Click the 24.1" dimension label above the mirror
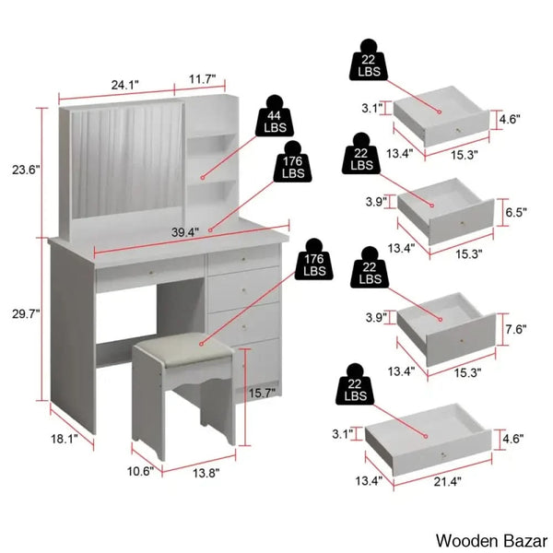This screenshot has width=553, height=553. point(125,85)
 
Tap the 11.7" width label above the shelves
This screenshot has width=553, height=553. point(202,79)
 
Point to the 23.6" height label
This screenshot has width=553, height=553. point(26,170)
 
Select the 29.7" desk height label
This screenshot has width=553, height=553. point(26,314)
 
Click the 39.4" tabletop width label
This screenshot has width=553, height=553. point(185,232)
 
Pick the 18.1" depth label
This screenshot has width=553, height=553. point(65,439)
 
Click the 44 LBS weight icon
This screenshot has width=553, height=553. point(275,116)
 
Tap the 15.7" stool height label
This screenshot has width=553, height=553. point(263,393)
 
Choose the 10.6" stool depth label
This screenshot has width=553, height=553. point(140,471)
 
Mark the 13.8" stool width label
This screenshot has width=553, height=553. point(206,473)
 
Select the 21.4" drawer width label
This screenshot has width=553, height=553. point(448,481)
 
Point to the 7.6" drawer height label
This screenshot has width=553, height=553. point(516,329)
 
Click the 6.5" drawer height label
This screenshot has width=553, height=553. point(516,212)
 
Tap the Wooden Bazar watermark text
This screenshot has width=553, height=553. point(491,541)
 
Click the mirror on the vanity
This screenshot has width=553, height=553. point(127,160)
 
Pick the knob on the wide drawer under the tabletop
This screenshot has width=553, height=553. point(151,274)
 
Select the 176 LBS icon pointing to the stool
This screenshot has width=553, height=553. point(314,260)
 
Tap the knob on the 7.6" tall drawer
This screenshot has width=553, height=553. point(462,341)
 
